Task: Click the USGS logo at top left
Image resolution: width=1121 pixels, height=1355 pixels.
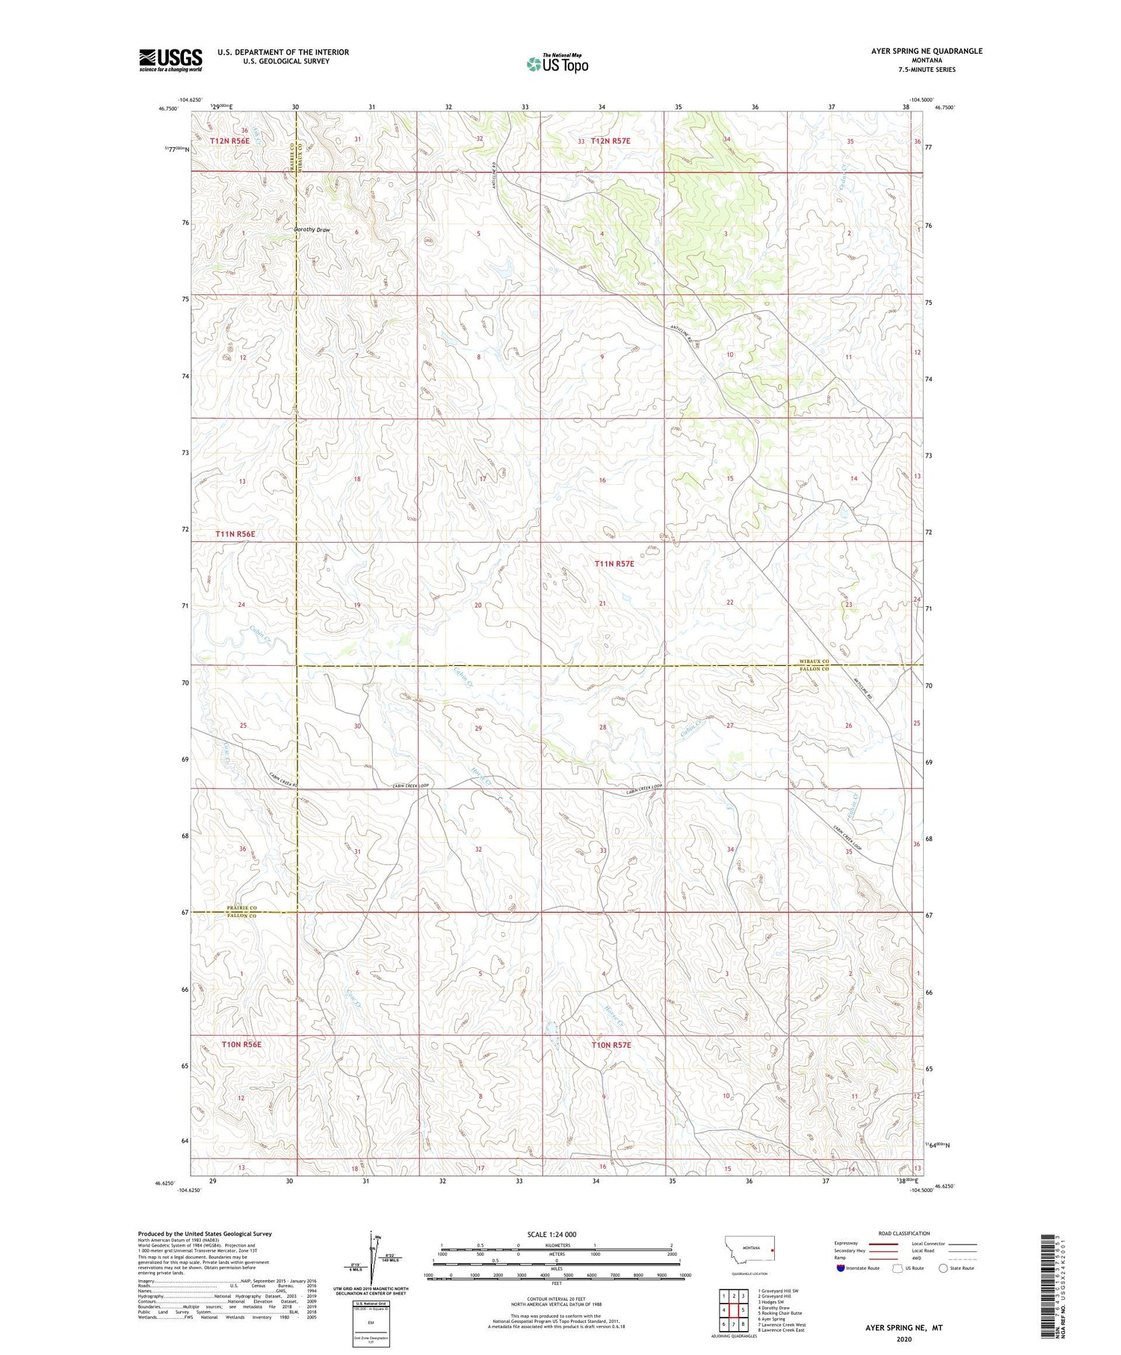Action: click(x=170, y=60)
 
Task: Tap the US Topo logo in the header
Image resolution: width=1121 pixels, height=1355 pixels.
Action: click(x=558, y=64)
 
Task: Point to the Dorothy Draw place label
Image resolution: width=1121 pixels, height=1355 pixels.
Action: click(x=312, y=229)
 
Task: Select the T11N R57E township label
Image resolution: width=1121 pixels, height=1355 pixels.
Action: click(x=614, y=564)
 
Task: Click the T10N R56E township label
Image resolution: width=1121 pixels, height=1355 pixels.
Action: click(x=241, y=1044)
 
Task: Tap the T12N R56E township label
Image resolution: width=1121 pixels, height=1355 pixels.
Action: click(x=229, y=140)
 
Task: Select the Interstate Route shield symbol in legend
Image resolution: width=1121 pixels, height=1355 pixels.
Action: click(x=841, y=1268)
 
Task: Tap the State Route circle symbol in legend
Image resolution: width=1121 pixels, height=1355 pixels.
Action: click(x=943, y=1268)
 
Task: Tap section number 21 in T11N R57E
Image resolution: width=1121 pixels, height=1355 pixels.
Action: click(x=602, y=603)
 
